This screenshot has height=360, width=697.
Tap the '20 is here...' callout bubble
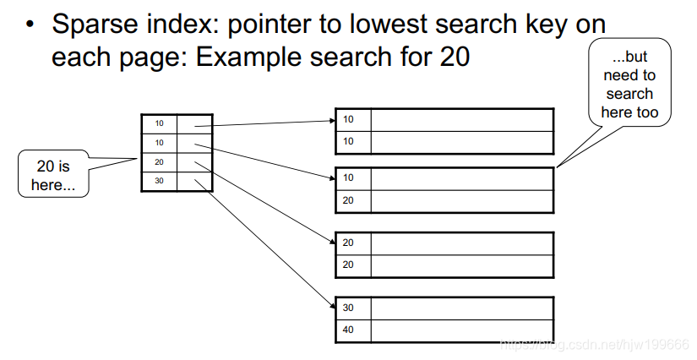[x=52, y=175]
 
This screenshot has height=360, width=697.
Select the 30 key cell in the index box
[x=159, y=182]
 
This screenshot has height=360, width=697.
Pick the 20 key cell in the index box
[x=159, y=162]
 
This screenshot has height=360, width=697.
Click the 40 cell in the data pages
[x=349, y=330]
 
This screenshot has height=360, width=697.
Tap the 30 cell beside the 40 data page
[x=349, y=308]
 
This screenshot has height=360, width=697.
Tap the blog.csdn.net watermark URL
[x=595, y=346]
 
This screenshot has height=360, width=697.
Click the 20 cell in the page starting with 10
[x=349, y=200]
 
